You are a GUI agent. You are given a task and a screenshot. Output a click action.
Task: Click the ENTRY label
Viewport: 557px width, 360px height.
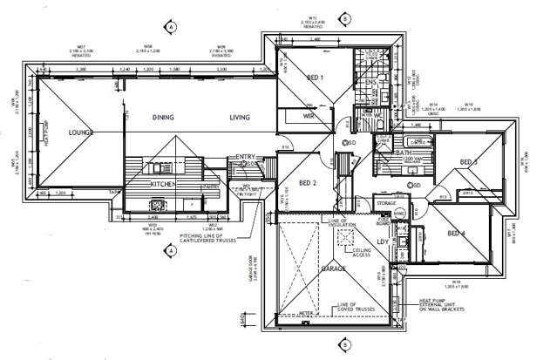(246, 158)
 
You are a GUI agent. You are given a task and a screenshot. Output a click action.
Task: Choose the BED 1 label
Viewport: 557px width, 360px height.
(316, 78)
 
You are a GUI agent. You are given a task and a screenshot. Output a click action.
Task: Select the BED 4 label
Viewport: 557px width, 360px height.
(458, 233)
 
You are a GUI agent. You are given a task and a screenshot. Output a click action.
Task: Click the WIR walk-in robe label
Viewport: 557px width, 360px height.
(309, 114)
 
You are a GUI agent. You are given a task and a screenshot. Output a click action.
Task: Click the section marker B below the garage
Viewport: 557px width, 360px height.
(346, 344)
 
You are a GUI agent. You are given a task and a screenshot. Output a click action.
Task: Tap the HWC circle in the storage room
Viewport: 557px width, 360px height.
(398, 214)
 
